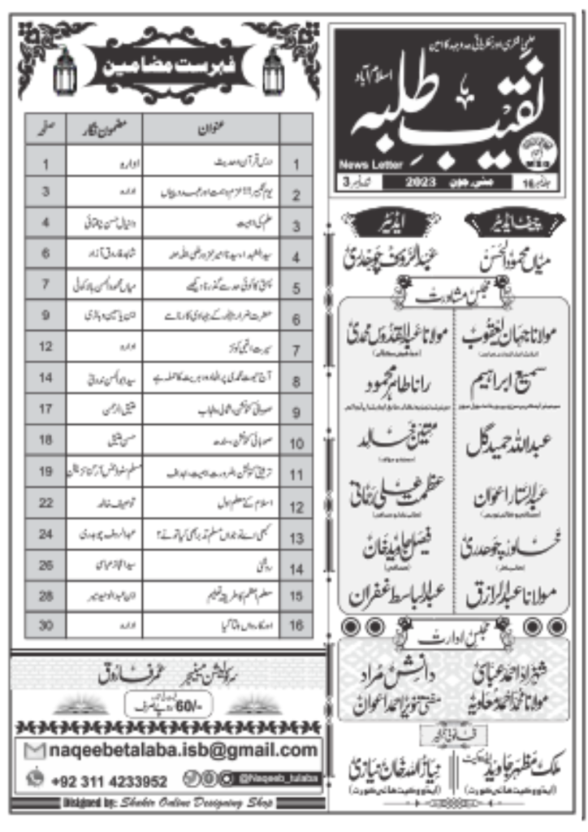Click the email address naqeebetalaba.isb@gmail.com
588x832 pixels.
pyautogui.click(x=180, y=749)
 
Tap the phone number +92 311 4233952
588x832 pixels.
pyautogui.click(x=110, y=781)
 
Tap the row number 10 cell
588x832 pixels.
pyautogui.click(x=296, y=444)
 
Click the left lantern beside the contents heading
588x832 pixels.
pyautogui.click(x=65, y=71)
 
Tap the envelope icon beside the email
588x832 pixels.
pyautogui.click(x=35, y=750)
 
